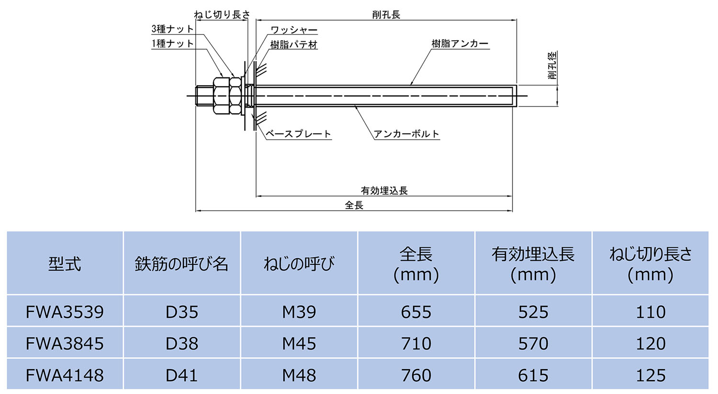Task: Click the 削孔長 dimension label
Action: click(x=386, y=14)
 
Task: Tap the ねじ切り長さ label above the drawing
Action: click(x=222, y=14)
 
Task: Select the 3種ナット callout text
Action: click(x=173, y=29)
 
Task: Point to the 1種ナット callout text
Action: click(x=173, y=44)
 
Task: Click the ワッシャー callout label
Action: click(x=294, y=30)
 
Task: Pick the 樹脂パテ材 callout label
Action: click(x=294, y=45)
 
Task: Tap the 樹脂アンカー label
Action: click(x=460, y=44)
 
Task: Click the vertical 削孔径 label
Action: click(x=553, y=66)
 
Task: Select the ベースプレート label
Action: click(x=299, y=134)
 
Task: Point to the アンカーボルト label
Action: click(x=406, y=134)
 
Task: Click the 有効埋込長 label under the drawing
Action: click(x=384, y=191)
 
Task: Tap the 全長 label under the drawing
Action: click(x=354, y=205)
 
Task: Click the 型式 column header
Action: click(x=65, y=263)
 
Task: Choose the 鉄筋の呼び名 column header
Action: click(x=181, y=263)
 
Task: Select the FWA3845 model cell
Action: click(x=65, y=343)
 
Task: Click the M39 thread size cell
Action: click(x=299, y=312)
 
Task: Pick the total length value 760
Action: click(x=416, y=375)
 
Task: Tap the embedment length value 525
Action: click(x=533, y=312)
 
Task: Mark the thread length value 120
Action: click(x=651, y=343)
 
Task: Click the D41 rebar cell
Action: click(x=181, y=375)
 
